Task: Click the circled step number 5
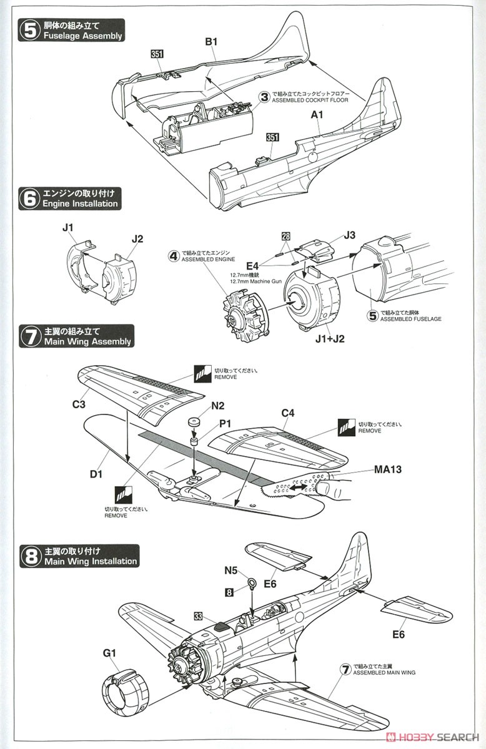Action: tap(29, 30)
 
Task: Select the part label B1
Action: tap(211, 42)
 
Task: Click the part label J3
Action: tap(349, 235)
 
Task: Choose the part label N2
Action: tap(218, 406)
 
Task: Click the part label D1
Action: tap(96, 475)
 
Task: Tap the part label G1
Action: tap(110, 653)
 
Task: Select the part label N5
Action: tap(231, 569)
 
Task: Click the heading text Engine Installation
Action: tap(79, 203)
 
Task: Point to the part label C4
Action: tap(288, 413)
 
